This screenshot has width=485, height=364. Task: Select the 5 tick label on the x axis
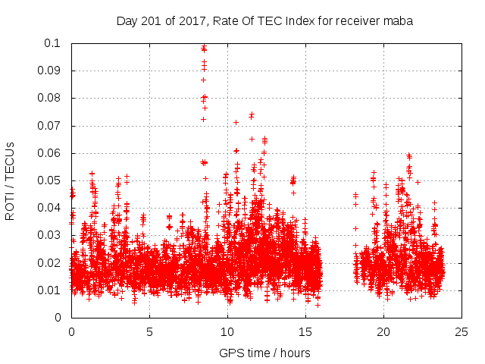(x=149, y=332)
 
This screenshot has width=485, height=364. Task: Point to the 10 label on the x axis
(x=227, y=332)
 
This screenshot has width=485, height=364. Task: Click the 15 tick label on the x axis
(x=305, y=332)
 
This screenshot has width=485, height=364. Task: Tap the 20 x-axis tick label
(x=383, y=332)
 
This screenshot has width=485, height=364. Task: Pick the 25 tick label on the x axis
(x=462, y=332)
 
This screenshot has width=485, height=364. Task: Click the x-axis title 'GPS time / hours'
(x=264, y=353)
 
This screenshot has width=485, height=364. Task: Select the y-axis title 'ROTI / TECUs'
(x=11, y=180)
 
